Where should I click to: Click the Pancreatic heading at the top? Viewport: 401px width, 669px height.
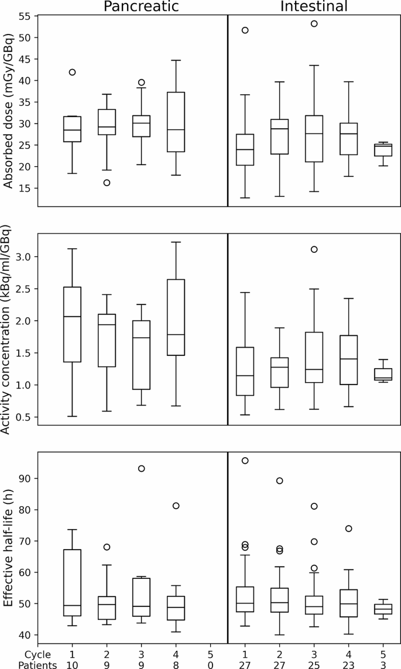pos(141,6)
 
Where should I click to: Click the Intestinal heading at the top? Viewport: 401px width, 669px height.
pos(314,6)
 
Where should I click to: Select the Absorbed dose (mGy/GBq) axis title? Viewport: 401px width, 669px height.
pos(8,111)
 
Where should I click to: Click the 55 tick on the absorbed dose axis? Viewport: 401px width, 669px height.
pos(24,16)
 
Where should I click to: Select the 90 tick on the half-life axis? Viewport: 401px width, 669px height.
pos(24,478)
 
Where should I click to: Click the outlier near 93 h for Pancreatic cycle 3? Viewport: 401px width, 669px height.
pos(141,468)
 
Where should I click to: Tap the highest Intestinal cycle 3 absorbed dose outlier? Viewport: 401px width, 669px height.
pos(314,23)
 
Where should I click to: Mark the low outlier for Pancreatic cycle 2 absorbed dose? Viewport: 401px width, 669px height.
pos(107,183)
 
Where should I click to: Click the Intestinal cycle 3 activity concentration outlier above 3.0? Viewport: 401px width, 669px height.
pos(314,249)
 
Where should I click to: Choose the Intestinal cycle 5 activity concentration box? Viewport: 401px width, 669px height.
pos(383,374)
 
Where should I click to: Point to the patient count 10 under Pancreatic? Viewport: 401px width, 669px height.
pos(72,664)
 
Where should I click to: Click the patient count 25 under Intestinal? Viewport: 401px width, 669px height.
pos(314,664)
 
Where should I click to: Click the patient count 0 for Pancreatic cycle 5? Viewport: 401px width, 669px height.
pos(210,664)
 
